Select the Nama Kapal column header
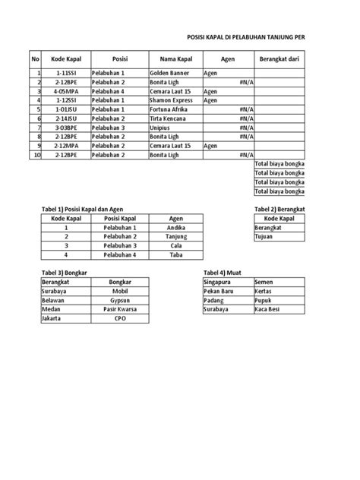coord(175,58)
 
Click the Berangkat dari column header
coord(279,58)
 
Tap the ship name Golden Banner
coord(170,74)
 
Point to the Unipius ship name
coord(162,128)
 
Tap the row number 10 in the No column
coord(36,154)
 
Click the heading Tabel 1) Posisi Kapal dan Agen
coord(81,209)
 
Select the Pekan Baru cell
coord(219,292)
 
